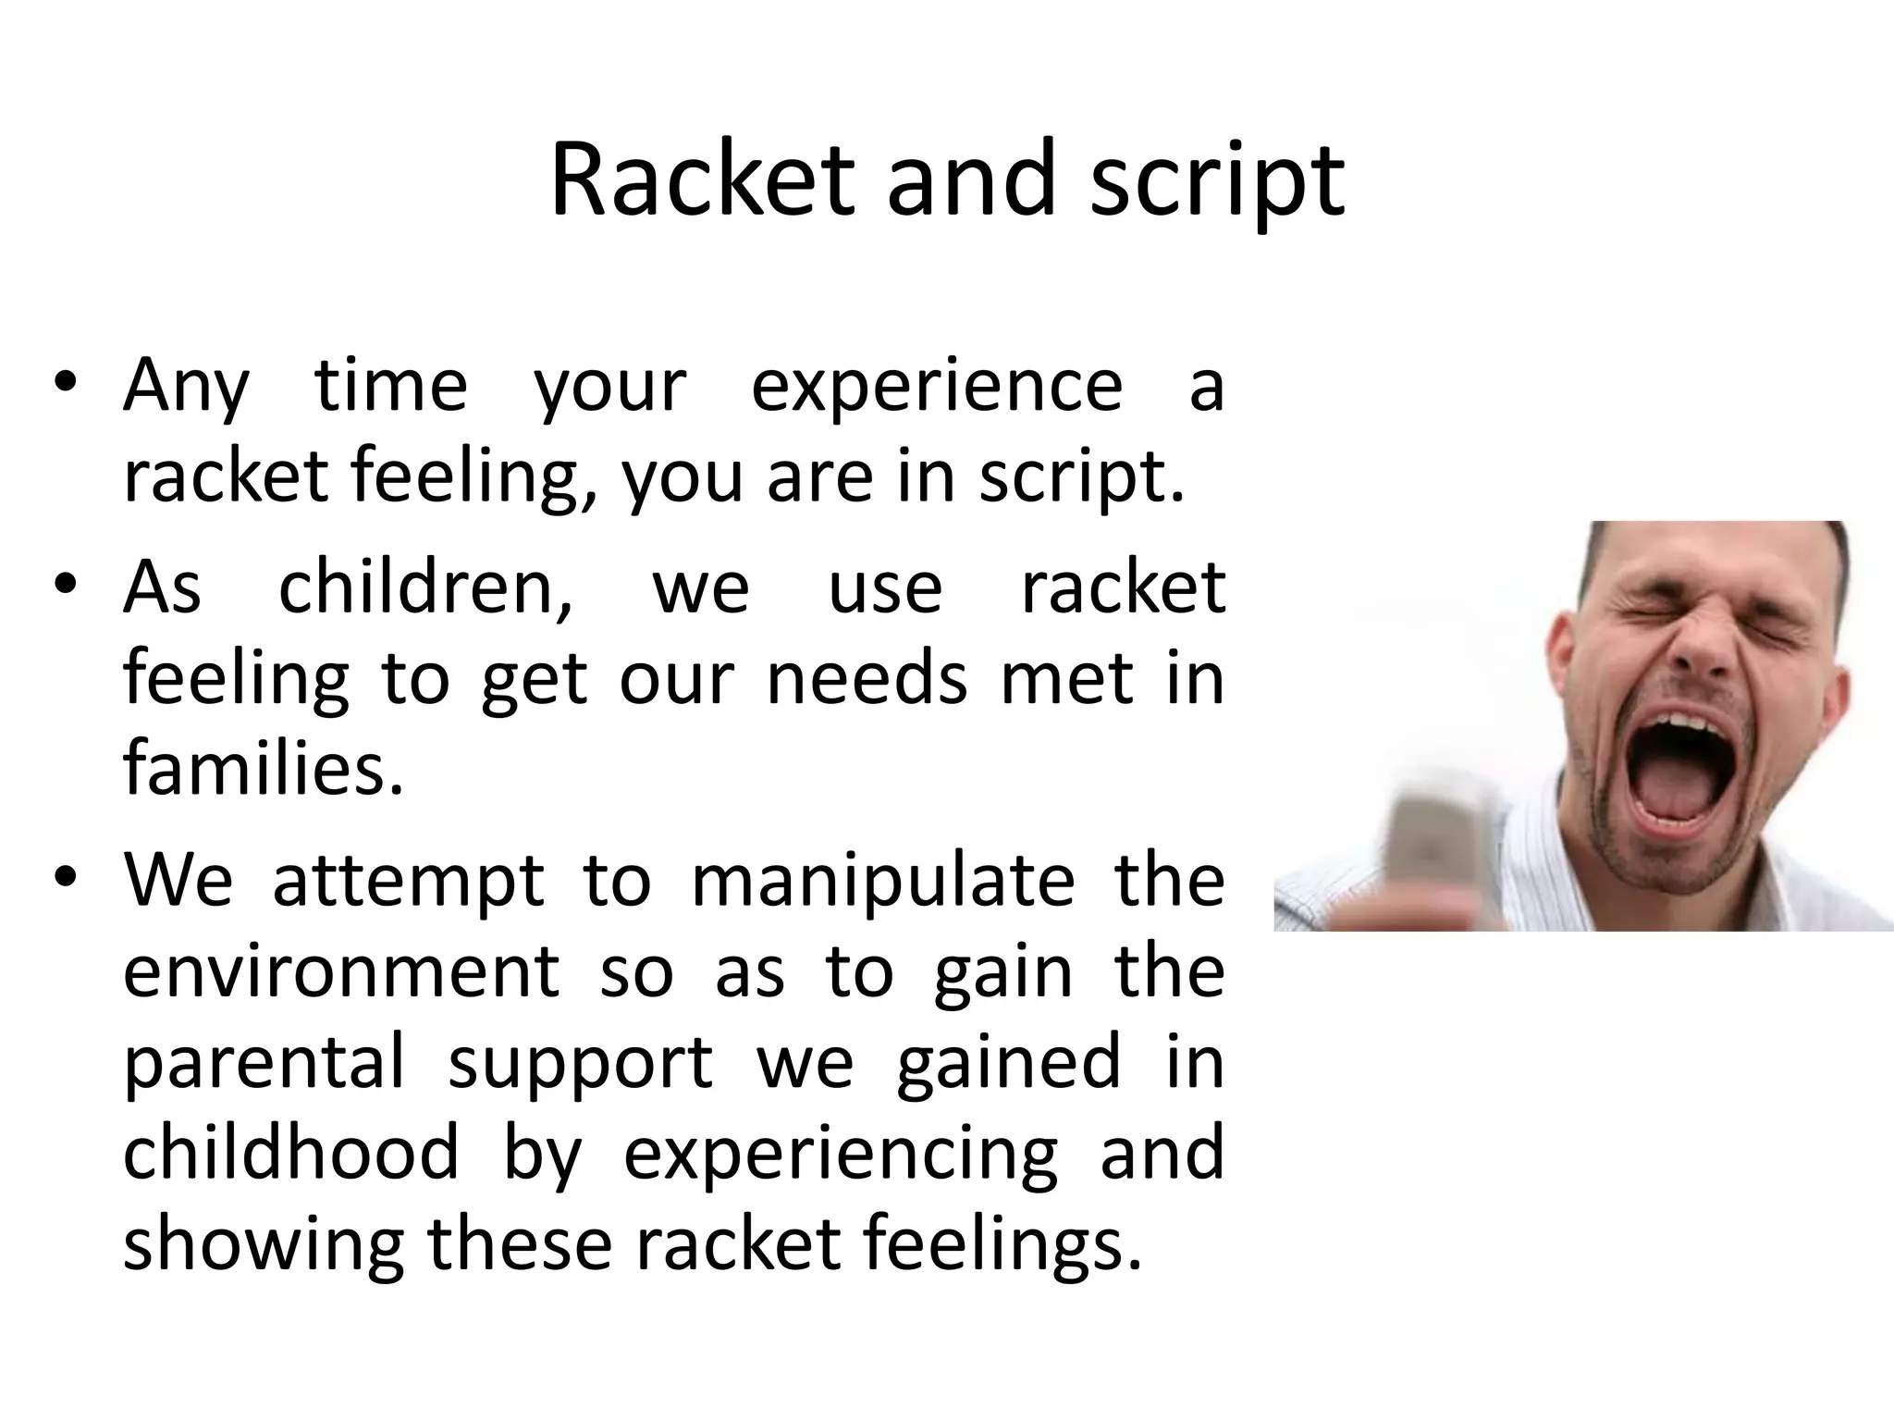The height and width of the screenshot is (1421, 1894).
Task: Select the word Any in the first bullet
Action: [186, 387]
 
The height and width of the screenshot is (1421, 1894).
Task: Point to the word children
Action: [425, 587]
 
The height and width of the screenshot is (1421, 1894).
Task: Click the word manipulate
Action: [882, 881]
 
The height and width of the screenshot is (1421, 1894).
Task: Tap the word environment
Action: [341, 971]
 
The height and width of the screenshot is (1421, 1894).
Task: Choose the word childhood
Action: [290, 1152]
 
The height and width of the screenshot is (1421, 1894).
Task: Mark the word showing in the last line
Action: [263, 1244]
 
